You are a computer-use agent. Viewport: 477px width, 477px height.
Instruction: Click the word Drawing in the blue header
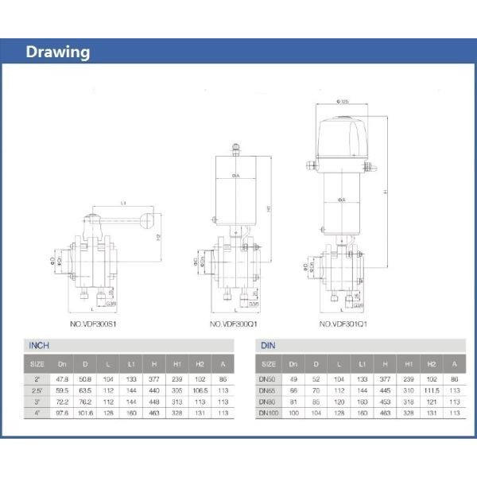57,52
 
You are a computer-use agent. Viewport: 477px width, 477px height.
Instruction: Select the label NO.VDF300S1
94,324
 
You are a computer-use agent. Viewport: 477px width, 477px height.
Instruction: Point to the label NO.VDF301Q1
346,324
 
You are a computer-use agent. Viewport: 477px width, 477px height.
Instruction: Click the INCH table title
39,346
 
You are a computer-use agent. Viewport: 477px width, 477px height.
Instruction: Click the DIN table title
267,346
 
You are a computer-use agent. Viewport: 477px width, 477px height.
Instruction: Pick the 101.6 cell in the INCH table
85,413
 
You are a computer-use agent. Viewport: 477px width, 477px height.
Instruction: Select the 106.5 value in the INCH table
200,391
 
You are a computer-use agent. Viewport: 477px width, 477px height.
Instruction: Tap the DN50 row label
268,380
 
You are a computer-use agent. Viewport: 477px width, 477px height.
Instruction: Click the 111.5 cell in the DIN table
432,391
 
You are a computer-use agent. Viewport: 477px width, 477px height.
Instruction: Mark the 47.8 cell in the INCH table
61,380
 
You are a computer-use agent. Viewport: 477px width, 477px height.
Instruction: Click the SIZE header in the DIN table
268,363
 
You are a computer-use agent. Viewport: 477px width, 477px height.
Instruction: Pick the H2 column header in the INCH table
200,363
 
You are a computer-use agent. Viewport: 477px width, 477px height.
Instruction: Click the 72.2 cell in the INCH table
61,402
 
